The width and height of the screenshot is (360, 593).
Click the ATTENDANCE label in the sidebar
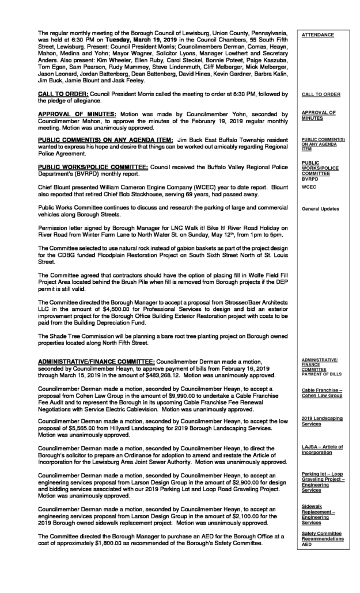coord(317,35)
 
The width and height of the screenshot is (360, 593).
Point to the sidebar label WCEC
coord(308,187)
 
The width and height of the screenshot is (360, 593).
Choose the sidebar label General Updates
coord(320,208)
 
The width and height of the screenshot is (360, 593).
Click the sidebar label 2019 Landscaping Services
coord(321,420)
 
